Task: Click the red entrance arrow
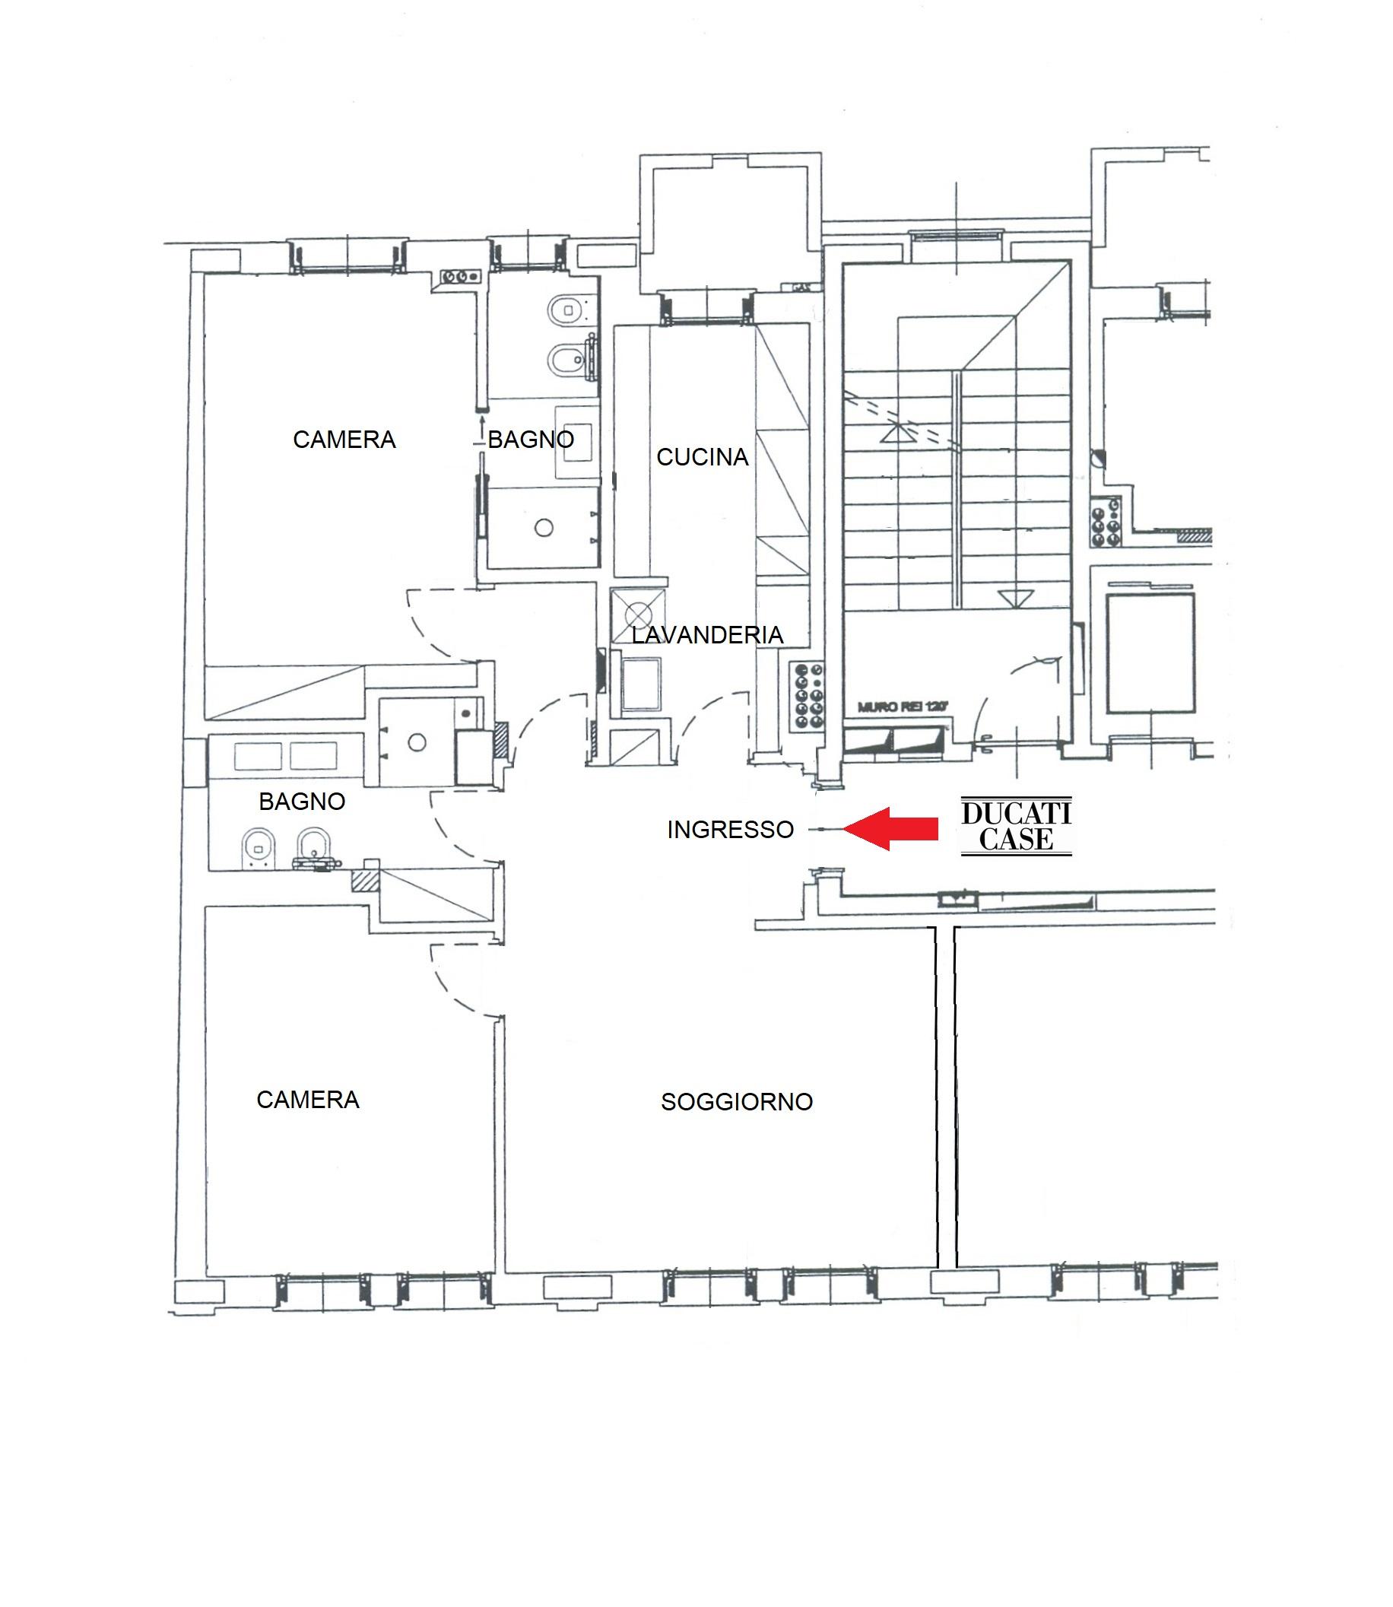click(890, 829)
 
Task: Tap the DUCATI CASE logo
click(1016, 827)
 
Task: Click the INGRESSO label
click(730, 830)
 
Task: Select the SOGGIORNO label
click(737, 1102)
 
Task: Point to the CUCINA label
click(702, 457)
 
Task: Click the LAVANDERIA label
click(706, 635)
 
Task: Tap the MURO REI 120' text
click(904, 707)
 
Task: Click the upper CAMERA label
click(344, 440)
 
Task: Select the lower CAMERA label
click(308, 1099)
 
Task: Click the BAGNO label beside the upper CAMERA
click(531, 440)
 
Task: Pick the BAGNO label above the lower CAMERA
click(302, 802)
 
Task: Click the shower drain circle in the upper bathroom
click(544, 528)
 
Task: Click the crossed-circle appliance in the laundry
click(638, 614)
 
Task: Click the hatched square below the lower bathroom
click(365, 881)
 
